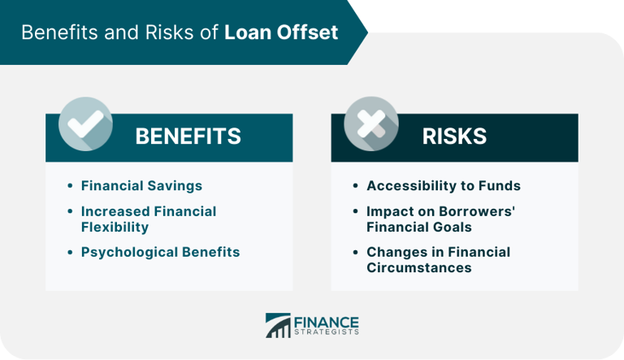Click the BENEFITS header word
[x=188, y=137]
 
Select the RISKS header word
[x=454, y=137]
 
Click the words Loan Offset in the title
[x=282, y=33]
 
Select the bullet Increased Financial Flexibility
[x=148, y=219]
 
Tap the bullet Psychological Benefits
[x=160, y=252]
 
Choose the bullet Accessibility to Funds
[x=444, y=186]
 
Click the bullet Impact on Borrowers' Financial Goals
[x=442, y=219]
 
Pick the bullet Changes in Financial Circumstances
[x=439, y=260]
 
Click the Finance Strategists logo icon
[x=278, y=325]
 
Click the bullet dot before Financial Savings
[x=70, y=187]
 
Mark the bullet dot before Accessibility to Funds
[x=355, y=187]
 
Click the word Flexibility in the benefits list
[x=115, y=227]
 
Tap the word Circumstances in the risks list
[x=419, y=268]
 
